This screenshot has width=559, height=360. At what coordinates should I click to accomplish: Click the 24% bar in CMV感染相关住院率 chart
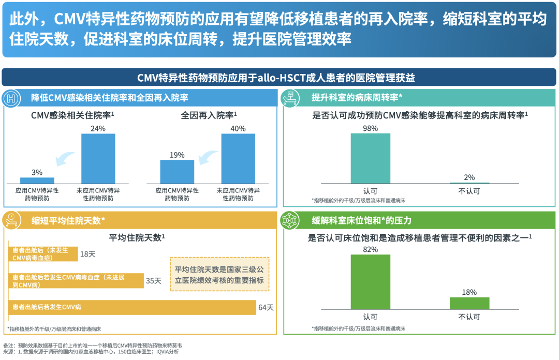[x=98, y=158]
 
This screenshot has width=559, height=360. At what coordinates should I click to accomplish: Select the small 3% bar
[x=37, y=181]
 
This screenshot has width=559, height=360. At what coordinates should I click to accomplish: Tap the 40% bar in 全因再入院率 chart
[x=238, y=158]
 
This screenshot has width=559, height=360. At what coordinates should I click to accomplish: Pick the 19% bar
[x=177, y=171]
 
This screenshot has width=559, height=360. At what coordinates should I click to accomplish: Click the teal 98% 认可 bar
[x=371, y=158]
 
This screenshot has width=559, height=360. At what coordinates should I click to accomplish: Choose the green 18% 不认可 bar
[x=469, y=303]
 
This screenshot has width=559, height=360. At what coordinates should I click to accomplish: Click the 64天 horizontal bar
[x=133, y=307]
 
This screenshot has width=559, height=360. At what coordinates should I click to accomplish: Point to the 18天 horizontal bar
[x=43, y=253]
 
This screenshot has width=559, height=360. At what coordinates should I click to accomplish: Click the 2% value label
[x=469, y=177]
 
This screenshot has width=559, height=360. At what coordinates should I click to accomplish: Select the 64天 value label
[x=266, y=308]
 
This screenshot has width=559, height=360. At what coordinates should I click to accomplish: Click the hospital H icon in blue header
[x=12, y=99]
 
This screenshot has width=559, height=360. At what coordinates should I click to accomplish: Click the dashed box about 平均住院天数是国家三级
[x=219, y=275]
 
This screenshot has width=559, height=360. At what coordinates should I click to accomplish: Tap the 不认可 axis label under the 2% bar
[x=469, y=191]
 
